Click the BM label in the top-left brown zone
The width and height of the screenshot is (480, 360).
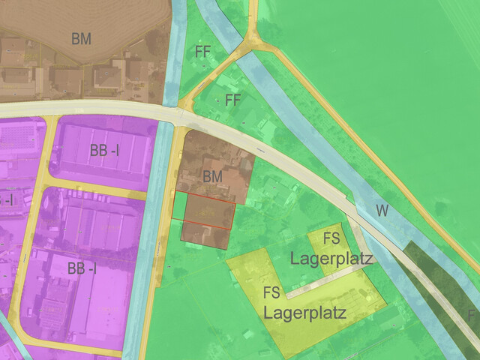click(x=82, y=39)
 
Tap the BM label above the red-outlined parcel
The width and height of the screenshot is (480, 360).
click(x=213, y=176)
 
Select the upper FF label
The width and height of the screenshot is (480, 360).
click(x=202, y=52)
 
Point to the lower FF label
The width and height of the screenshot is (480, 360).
click(x=232, y=100)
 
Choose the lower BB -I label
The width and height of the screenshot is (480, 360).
click(x=82, y=268)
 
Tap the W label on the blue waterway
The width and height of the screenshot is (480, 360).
click(x=382, y=211)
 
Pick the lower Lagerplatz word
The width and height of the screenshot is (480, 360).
click(x=304, y=312)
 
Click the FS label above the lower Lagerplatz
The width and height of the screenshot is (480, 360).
click(x=271, y=292)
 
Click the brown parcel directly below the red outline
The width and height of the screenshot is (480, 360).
click(x=204, y=235)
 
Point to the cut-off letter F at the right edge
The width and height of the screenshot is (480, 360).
click(x=472, y=314)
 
